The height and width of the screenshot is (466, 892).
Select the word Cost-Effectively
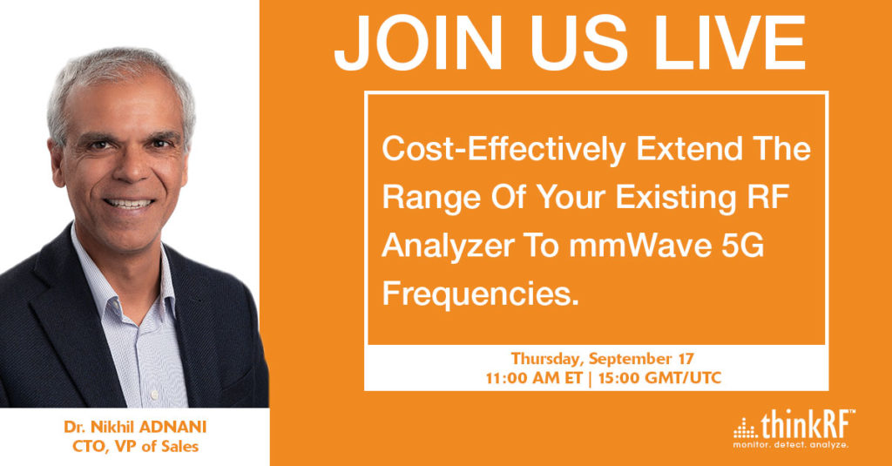coord(503,149)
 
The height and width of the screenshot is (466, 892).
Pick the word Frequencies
coord(480,295)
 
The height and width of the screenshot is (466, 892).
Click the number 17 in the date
coord(686,359)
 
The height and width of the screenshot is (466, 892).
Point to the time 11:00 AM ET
coord(534,378)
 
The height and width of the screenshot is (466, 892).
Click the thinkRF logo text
coord(808,424)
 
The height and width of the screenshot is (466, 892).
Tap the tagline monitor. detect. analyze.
coord(791,445)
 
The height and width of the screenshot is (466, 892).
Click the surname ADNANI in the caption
coord(174,427)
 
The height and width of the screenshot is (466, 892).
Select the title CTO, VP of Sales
coord(135,447)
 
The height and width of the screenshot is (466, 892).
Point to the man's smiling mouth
coord(129,203)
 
